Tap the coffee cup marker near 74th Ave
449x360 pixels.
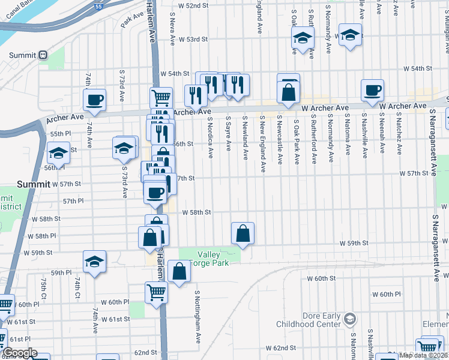tap(95, 100)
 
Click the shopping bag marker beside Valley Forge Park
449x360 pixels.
tap(243, 233)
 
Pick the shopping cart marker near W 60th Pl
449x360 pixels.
tap(156, 293)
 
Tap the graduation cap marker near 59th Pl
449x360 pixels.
tap(94, 262)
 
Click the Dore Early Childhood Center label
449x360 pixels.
tap(308, 320)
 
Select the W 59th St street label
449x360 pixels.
tap(353, 243)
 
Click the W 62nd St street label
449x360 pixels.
tap(281, 348)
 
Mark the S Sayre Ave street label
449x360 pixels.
tap(228, 137)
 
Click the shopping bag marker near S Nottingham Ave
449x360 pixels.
tap(179, 271)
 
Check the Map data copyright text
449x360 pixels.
tap(423, 355)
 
